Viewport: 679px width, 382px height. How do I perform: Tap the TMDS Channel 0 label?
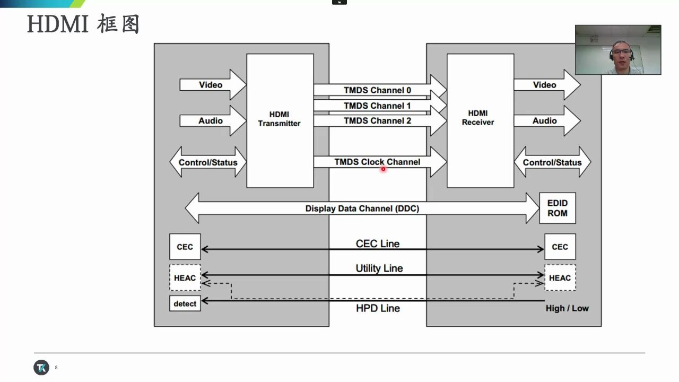(377, 90)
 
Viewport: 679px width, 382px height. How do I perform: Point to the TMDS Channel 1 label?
(377, 106)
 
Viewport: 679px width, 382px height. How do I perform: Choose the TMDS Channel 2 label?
(377, 120)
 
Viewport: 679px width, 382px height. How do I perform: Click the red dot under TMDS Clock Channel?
(383, 169)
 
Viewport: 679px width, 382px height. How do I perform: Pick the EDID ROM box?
(557, 208)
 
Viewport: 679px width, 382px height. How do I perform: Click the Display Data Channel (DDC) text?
(362, 209)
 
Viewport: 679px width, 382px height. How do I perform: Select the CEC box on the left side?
(185, 247)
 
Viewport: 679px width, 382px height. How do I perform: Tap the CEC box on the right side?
(560, 247)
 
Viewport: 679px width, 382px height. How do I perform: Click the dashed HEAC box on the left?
(185, 277)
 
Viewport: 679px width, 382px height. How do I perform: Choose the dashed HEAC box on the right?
(560, 277)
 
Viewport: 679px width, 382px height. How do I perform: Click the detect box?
(185, 303)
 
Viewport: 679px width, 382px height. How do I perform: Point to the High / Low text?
(567, 308)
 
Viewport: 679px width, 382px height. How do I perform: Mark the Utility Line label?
(379, 268)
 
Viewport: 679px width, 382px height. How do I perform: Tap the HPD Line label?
(378, 308)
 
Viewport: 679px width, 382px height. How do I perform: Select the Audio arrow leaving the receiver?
(546, 121)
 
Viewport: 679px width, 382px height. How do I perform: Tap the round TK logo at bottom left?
(41, 367)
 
